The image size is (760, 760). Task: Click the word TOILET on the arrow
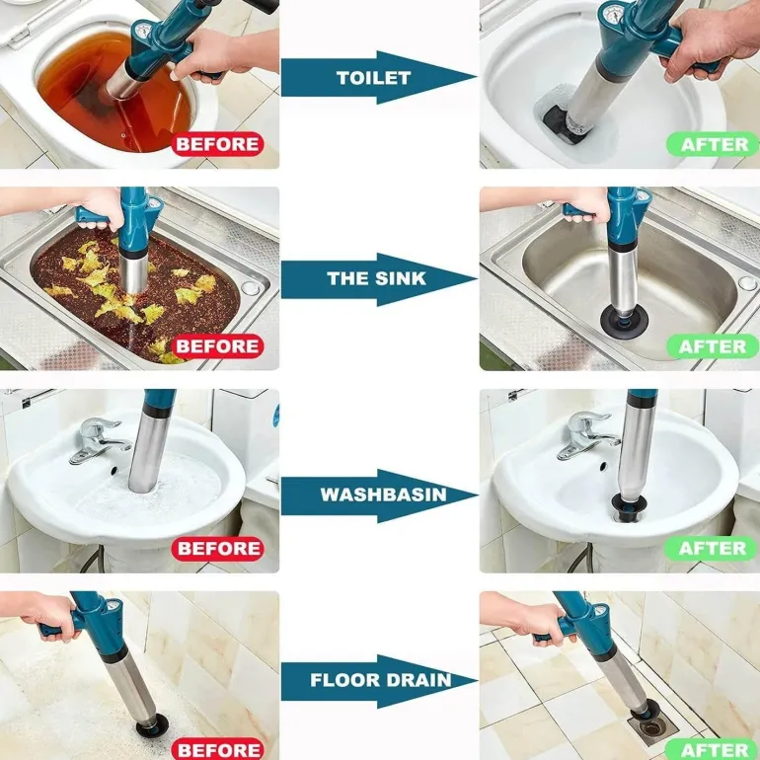pyautogui.click(x=373, y=78)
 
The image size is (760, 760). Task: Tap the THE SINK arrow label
pyautogui.click(x=377, y=278)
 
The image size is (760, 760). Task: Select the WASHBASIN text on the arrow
pyautogui.click(x=383, y=494)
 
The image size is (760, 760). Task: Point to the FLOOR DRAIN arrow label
pyautogui.click(x=380, y=679)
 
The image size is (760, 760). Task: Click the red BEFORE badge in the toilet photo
pyautogui.click(x=217, y=144)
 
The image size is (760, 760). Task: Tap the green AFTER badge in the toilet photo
pyautogui.click(x=713, y=144)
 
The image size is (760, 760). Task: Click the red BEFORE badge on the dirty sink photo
pyautogui.click(x=217, y=346)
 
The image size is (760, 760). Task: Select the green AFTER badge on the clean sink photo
pyautogui.click(x=712, y=346)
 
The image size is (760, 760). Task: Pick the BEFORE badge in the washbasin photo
pyautogui.click(x=217, y=548)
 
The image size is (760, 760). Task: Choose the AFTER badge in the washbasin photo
pyautogui.click(x=711, y=548)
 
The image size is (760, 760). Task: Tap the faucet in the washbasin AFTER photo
pyautogui.click(x=587, y=435)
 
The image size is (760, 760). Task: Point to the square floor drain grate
pyautogui.click(x=652, y=724)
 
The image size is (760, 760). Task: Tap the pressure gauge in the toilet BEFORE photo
pyautogui.click(x=142, y=32)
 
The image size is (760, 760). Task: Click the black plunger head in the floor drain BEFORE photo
pyautogui.click(x=152, y=725)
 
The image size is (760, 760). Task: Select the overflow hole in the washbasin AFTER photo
pyautogui.click(x=603, y=466)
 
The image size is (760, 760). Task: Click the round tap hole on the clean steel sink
pyautogui.click(x=747, y=283)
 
